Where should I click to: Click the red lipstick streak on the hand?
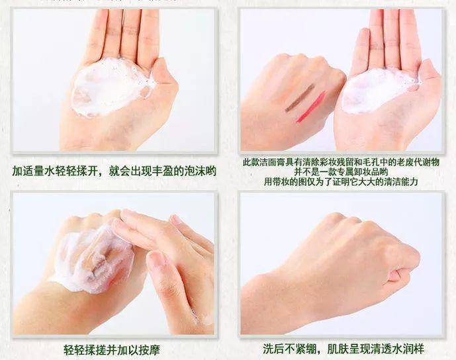pyautogui.click(x=311, y=107)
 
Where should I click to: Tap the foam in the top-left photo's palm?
pyautogui.click(x=110, y=87)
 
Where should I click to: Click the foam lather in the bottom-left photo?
pyautogui.click(x=93, y=259)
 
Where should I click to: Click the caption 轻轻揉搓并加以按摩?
pyautogui.click(x=112, y=349)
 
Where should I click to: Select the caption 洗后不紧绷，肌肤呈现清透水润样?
pyautogui.click(x=343, y=348)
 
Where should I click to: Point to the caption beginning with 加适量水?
pyautogui.click(x=114, y=171)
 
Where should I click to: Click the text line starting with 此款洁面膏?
pyautogui.click(x=341, y=162)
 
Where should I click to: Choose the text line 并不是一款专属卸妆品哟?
pyautogui.click(x=341, y=172)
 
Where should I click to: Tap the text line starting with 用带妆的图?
pyautogui.click(x=341, y=182)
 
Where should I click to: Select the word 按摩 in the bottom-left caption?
pyautogui.click(x=149, y=349)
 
